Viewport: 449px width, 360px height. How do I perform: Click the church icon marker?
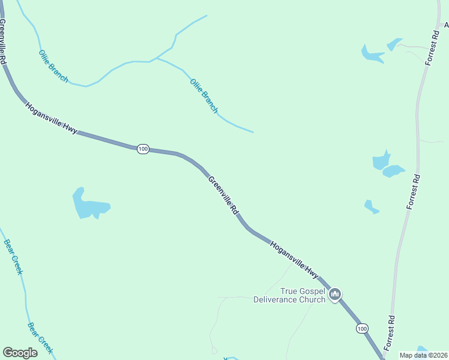[335, 294]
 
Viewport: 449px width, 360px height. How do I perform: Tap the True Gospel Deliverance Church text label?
[289, 295]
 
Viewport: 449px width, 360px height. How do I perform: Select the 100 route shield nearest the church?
[361, 328]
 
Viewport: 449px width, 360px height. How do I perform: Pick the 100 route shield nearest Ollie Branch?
[143, 149]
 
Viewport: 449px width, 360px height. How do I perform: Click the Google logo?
[20, 353]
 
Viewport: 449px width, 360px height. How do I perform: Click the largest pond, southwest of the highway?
[88, 205]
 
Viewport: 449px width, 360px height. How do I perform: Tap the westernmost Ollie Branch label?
[53, 66]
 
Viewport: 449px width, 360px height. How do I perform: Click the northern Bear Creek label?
[13, 257]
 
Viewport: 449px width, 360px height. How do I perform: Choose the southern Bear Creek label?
[40, 338]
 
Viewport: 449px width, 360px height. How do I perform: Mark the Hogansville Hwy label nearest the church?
[294, 259]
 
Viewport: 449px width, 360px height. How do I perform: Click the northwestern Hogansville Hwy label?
[51, 118]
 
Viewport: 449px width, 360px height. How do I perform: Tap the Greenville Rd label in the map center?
[224, 196]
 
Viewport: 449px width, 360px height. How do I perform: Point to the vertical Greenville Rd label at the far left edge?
[3, 42]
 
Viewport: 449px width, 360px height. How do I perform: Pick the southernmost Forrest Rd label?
[390, 333]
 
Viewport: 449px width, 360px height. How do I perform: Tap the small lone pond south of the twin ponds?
[371, 207]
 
